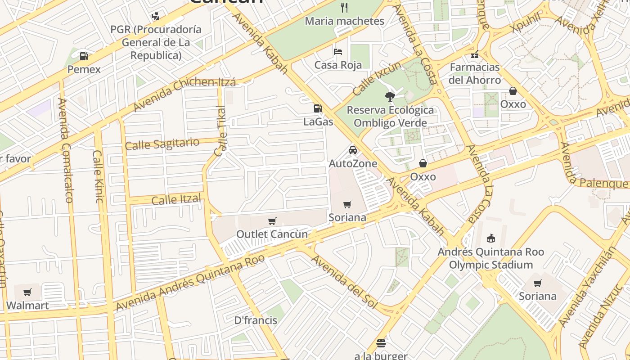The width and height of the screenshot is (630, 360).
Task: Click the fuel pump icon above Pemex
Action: coord(84,56)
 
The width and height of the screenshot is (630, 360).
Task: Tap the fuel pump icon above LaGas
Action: coord(318,108)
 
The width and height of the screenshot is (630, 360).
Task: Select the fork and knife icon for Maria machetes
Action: coord(345,7)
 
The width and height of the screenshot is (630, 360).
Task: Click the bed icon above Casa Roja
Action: coord(338,51)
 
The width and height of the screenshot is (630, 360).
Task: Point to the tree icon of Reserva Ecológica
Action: coord(390,96)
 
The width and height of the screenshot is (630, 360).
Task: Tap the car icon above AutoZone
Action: coord(353,150)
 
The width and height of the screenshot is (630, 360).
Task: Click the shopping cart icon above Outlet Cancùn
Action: coord(272,221)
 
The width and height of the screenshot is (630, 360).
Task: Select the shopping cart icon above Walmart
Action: coord(27,292)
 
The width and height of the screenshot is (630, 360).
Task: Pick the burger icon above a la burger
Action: coord(381,343)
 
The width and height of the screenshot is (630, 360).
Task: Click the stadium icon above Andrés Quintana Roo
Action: coord(491,238)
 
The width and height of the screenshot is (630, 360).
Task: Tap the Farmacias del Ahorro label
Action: coord(474,73)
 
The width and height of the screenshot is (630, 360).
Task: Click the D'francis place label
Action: coord(256,320)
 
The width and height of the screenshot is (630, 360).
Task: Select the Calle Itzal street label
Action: coord(176,199)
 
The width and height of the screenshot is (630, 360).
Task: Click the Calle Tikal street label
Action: coord(220,131)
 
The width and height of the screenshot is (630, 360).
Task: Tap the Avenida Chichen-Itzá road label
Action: coord(184,95)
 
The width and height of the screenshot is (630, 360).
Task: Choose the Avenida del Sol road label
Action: coord(344,282)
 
